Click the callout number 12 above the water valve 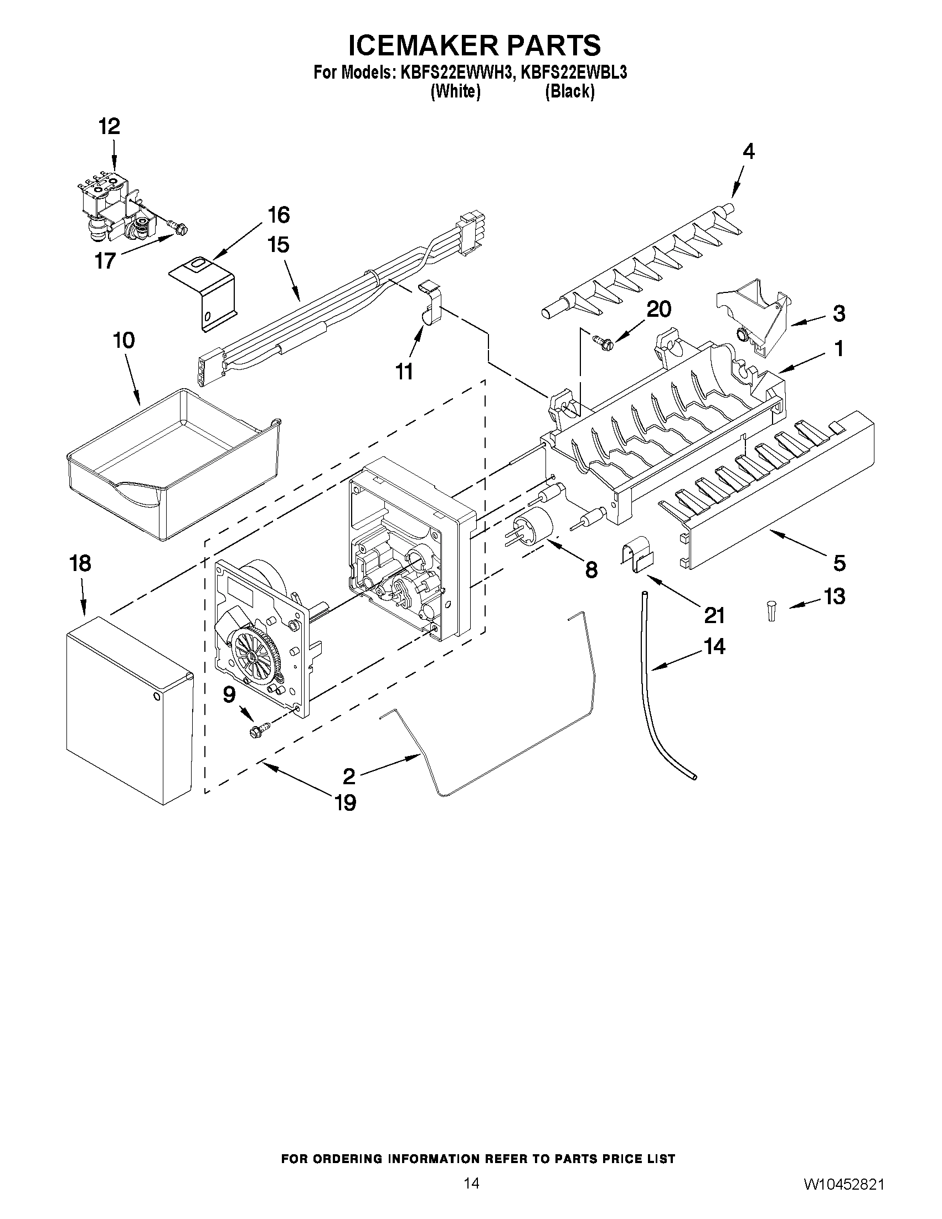[110, 127]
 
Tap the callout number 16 [279, 215]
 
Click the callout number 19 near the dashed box [346, 803]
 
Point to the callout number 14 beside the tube [714, 646]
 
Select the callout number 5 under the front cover [840, 563]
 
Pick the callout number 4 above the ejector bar [748, 151]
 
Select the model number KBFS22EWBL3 [573, 73]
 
